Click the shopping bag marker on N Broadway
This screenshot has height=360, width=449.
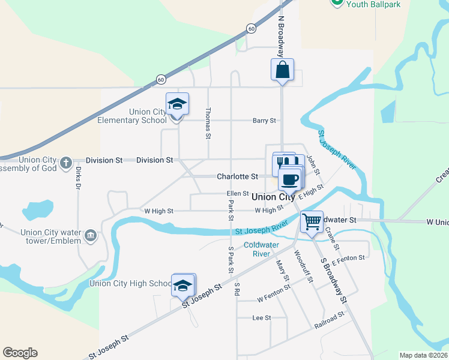[x=282, y=70]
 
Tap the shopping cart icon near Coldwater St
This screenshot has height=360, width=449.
[x=312, y=221]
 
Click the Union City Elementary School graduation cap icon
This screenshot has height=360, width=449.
[x=177, y=104]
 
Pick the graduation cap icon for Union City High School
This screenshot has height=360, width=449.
[x=183, y=285]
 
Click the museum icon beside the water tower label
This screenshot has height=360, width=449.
[x=91, y=234]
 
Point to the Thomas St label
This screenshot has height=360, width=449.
[x=208, y=124]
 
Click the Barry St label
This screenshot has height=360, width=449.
[x=264, y=121]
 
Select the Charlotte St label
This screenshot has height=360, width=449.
[x=237, y=177]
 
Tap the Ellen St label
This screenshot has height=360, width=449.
[x=238, y=193]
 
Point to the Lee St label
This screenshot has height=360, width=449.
[x=262, y=317]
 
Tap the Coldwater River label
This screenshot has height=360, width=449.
[x=258, y=249]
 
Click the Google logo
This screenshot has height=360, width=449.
[x=20, y=353]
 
